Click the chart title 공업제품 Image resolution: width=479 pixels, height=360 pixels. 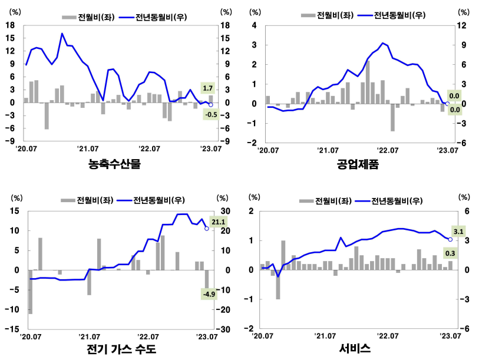point(358,164)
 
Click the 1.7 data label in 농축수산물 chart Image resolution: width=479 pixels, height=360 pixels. point(207,88)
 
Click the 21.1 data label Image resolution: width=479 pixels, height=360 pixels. point(219,222)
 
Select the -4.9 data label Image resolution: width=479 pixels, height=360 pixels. point(207,293)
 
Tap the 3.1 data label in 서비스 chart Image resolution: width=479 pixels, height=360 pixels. point(458,231)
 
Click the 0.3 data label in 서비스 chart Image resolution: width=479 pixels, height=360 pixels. point(450,253)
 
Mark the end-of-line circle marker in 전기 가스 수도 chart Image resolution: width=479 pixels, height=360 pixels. point(207,228)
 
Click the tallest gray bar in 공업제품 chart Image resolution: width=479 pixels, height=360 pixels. point(368,82)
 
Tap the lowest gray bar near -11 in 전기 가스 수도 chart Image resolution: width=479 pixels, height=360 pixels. point(30,292)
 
